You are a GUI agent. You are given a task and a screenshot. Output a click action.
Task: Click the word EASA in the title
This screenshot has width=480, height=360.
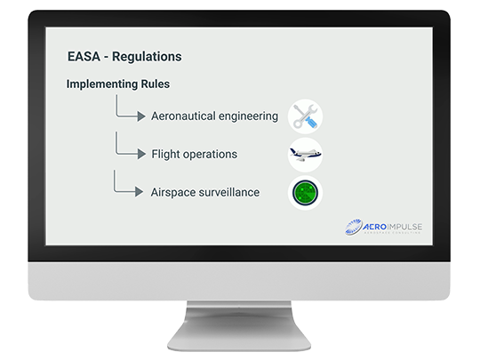pos(84,57)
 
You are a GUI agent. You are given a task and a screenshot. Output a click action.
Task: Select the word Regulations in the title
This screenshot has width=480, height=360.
pos(147,57)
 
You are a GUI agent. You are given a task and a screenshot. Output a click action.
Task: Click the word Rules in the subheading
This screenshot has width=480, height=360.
pos(156,84)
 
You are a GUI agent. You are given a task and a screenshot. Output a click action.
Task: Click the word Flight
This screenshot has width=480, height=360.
pos(164,154)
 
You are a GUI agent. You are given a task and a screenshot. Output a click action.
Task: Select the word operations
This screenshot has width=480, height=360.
pos(210,155)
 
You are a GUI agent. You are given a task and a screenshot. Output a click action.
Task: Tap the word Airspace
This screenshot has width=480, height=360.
pos(173,193)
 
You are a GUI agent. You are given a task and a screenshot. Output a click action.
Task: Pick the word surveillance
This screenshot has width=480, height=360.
pos(229,192)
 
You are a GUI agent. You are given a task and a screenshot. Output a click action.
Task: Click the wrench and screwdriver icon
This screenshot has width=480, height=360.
pos(305,116)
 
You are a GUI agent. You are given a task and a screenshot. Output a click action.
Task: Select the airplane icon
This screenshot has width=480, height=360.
pos(305,155)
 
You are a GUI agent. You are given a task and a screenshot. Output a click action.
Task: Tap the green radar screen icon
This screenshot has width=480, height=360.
pos(305,193)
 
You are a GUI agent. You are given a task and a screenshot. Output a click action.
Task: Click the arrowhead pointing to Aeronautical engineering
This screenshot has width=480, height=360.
pos(141,116)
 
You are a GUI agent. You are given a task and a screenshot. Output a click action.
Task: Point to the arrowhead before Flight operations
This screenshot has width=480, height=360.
pos(141,154)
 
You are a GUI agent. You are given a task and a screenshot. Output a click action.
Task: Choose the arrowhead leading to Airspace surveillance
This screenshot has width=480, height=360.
pos(139,192)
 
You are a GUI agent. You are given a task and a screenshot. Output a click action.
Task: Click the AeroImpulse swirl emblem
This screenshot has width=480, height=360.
pos(353,227)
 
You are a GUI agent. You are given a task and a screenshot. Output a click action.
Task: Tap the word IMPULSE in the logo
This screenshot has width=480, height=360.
pos(404,227)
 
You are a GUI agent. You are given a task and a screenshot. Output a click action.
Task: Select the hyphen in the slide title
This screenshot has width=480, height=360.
pos(106,58)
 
